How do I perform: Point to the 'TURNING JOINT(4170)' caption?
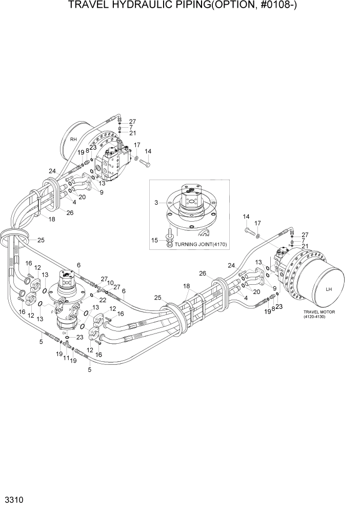click(204, 244)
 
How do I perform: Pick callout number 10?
click(110, 283)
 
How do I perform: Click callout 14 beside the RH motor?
click(148, 151)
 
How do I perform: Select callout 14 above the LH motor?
click(246, 216)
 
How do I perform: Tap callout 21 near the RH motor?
click(132, 133)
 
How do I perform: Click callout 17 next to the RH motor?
click(137, 145)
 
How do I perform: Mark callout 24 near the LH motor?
click(231, 266)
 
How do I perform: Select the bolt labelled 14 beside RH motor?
click(144, 163)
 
